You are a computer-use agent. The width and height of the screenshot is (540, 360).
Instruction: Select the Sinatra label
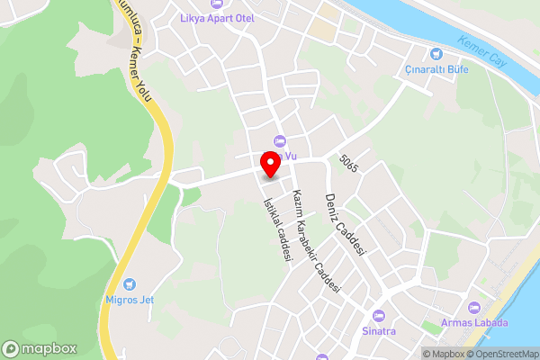point(379,330)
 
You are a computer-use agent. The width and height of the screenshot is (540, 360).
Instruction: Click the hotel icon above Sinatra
point(379,316)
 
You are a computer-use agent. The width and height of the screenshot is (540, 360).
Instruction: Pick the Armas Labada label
point(474,323)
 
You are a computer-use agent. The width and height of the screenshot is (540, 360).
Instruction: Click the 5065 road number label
point(349,164)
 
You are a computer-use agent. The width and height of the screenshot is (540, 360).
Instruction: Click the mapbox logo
point(39,348)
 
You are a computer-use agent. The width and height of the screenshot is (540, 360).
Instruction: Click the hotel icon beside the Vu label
point(279,140)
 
